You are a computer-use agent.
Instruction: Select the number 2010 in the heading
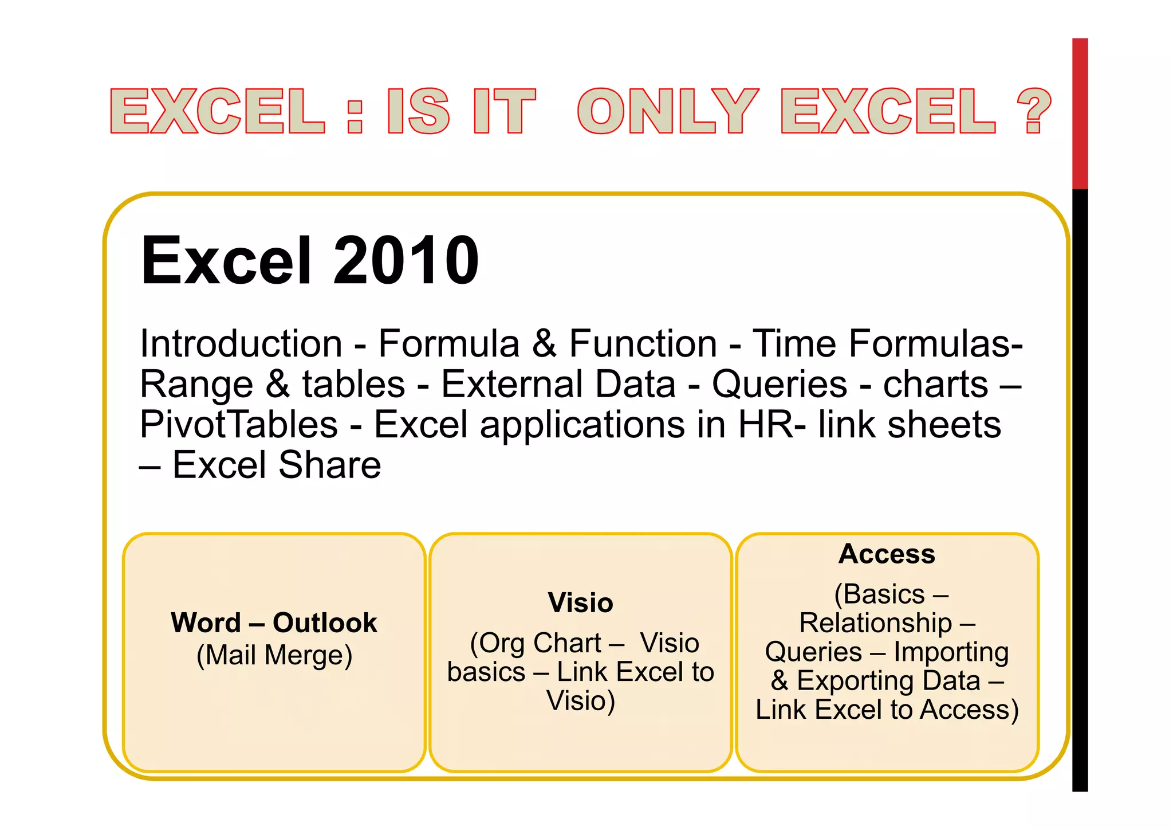click(x=406, y=261)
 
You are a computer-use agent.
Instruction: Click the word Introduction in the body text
click(x=241, y=344)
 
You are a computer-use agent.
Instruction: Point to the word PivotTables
click(x=239, y=425)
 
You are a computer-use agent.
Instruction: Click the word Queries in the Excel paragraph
click(x=779, y=384)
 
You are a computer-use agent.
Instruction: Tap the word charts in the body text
click(x=935, y=384)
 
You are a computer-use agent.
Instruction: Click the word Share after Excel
click(x=330, y=465)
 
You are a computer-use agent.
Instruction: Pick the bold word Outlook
click(x=325, y=622)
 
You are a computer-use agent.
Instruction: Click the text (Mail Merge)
click(x=274, y=655)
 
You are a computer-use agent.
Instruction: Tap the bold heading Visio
click(x=580, y=602)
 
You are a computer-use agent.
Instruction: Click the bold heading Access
click(x=887, y=554)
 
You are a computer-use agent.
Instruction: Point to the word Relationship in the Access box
click(x=875, y=623)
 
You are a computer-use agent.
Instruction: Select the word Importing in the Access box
click(x=951, y=652)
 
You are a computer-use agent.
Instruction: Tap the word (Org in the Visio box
click(x=497, y=643)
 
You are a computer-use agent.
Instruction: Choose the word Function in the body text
click(x=643, y=344)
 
